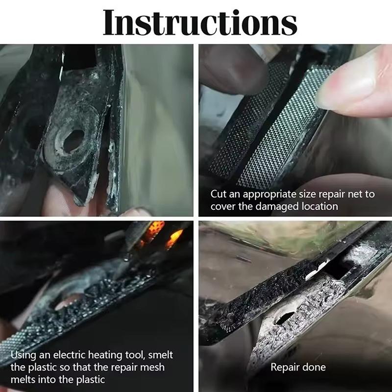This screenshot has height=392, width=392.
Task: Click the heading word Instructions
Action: click(200, 23)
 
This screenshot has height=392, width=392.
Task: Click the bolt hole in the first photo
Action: click(73, 141)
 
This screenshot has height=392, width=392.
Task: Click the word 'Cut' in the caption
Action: click(219, 194)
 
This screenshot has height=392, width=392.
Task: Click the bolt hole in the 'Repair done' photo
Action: click(285, 318)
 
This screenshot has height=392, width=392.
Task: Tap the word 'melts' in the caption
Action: click(23, 380)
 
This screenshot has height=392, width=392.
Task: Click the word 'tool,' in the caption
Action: click(136, 356)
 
